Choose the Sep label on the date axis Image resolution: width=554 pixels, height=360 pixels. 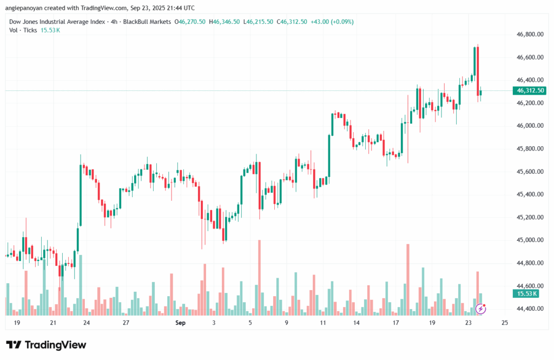[180, 323]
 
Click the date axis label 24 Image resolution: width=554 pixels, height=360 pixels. [87, 323]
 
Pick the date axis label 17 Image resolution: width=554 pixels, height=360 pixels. [396, 323]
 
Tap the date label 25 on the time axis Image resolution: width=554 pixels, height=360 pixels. [505, 323]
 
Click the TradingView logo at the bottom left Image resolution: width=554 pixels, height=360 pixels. [46, 345]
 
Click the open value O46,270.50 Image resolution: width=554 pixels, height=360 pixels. [193, 22]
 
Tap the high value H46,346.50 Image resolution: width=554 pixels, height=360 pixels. [226, 22]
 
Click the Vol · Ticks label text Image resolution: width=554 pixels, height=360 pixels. [23, 30]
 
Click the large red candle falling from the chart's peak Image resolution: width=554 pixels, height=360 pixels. [478, 70]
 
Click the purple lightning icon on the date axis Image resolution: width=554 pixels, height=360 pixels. [480, 309]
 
